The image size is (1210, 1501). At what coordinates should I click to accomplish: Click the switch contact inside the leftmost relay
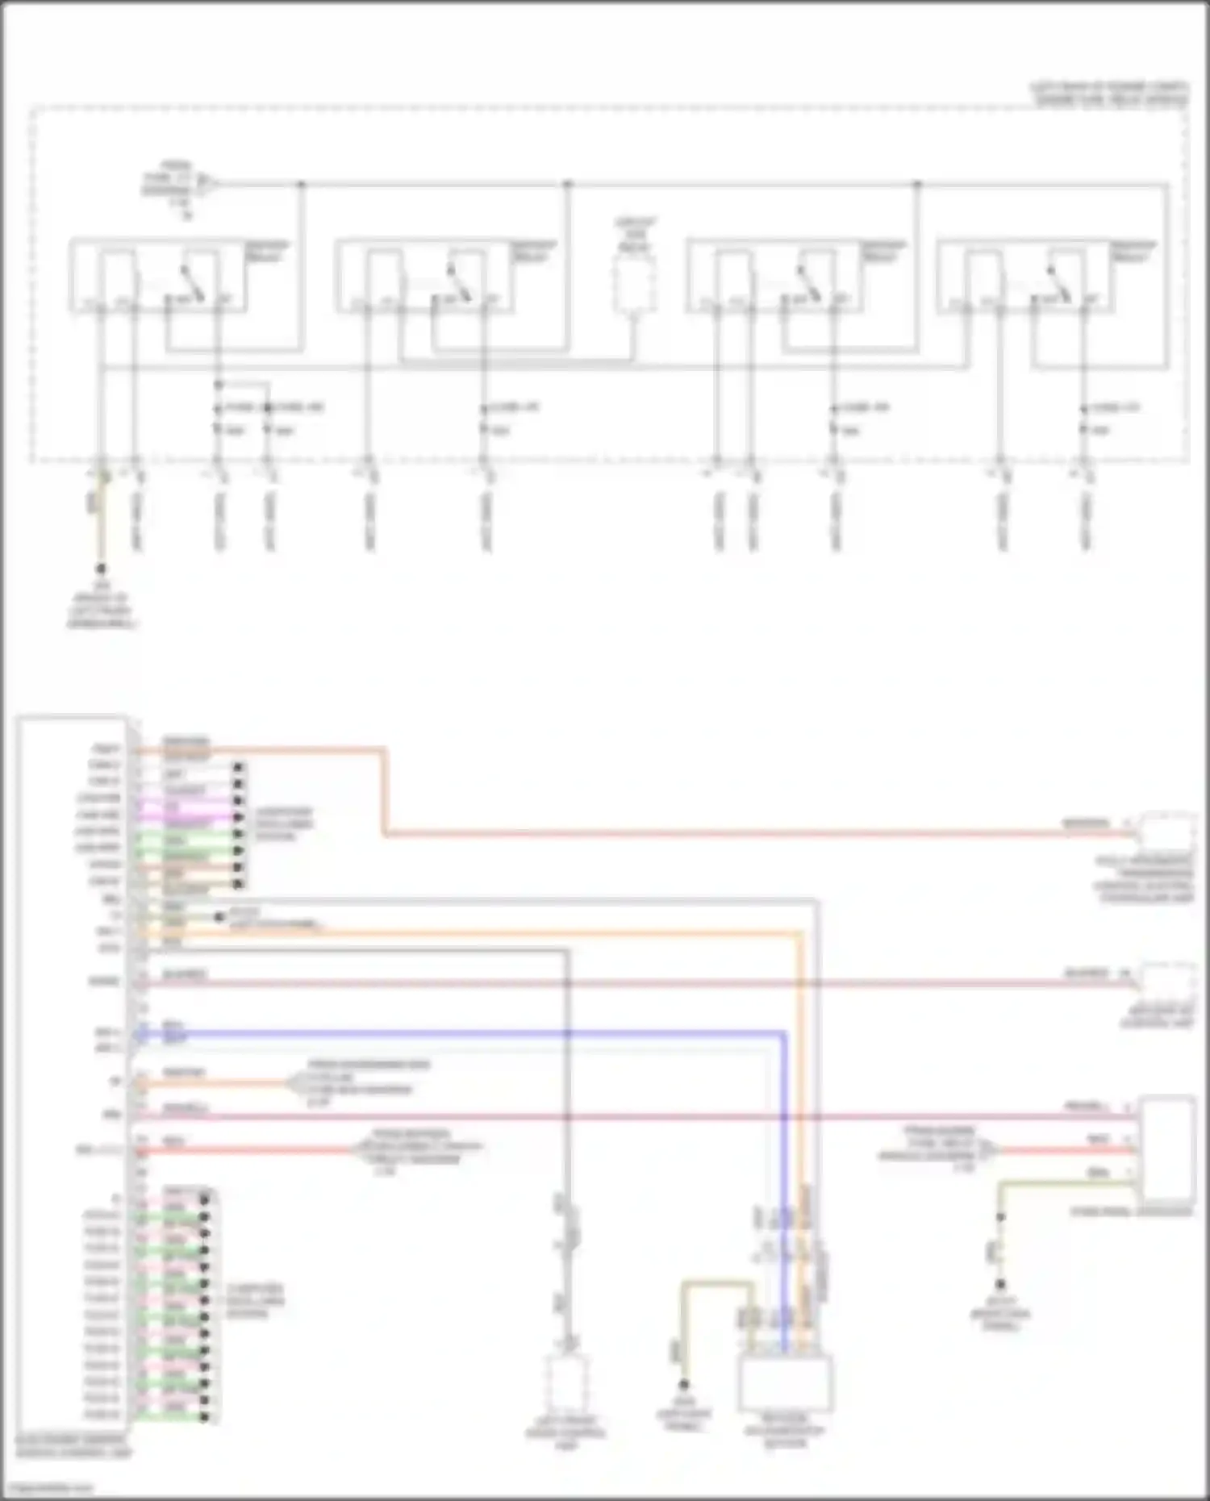pos(192,284)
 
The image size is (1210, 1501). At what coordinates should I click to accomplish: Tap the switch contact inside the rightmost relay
pos(1058,284)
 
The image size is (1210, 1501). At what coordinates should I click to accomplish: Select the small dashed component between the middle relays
pos(635,285)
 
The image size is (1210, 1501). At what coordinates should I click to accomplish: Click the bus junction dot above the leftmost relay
pos(302,185)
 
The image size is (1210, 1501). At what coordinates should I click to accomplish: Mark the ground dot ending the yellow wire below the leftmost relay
pos(101,569)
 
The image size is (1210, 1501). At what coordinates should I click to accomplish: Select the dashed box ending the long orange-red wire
pos(1166,831)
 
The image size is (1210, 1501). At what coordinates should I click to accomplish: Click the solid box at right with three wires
pos(1166,1149)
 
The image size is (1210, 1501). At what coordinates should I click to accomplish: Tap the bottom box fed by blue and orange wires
pos(786,1383)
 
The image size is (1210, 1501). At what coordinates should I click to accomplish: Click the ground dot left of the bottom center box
pos(683,1384)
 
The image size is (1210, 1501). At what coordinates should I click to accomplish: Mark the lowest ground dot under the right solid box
pos(1000,1284)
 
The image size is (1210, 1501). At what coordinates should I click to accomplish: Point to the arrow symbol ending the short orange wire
pos(291,1083)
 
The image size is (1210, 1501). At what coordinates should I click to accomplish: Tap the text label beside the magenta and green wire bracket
pos(284,823)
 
